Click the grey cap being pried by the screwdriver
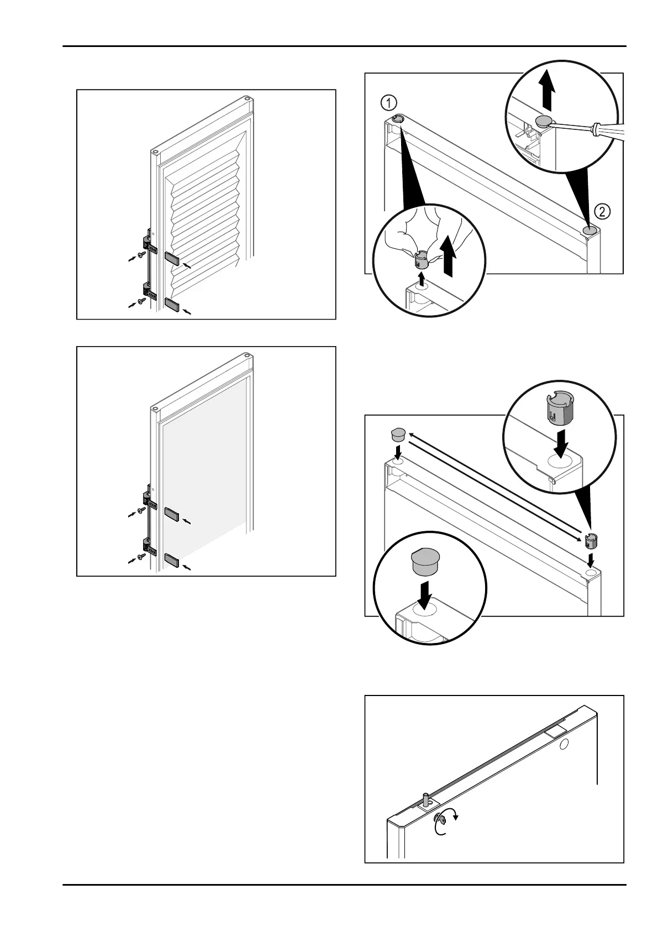pyautogui.click(x=545, y=121)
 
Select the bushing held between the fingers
pyautogui.click(x=422, y=257)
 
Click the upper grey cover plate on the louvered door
pyautogui.click(x=173, y=258)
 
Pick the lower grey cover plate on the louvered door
pyautogui.click(x=173, y=304)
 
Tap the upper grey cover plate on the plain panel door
pyautogui.click(x=173, y=514)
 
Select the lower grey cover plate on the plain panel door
pyautogui.click(x=173, y=561)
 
